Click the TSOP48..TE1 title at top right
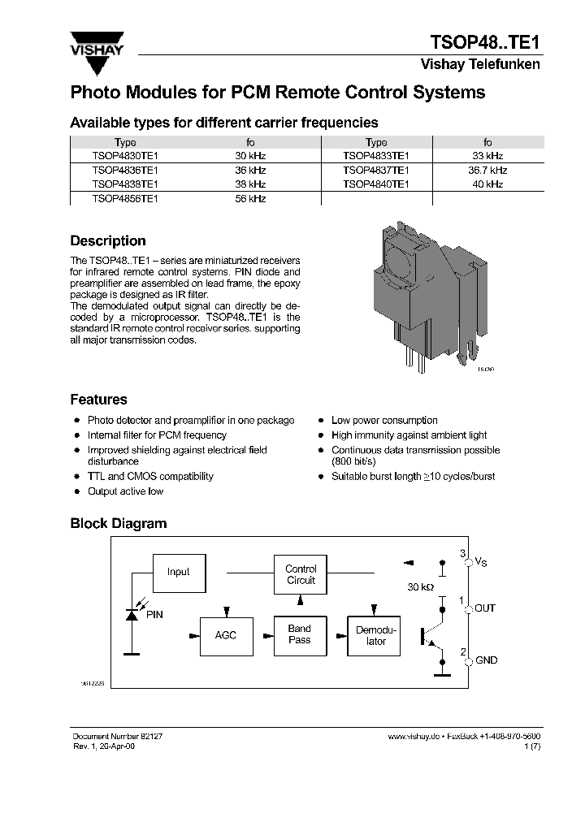pos(484,43)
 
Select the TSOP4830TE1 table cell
pos(125,155)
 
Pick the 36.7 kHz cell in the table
pos(487,170)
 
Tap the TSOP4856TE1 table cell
pos(125,198)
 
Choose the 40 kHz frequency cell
pos(487,184)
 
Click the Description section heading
pos(108,241)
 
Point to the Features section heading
pos(98,400)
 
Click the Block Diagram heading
pos(118,524)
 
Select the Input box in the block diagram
pos(179,572)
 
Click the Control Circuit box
pos(301,575)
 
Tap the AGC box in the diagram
pos(226,635)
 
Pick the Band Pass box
pos(300,634)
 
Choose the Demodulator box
pos(376,636)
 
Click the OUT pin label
pos(485,608)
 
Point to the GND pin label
pos(486,660)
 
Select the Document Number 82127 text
pos(118,735)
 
